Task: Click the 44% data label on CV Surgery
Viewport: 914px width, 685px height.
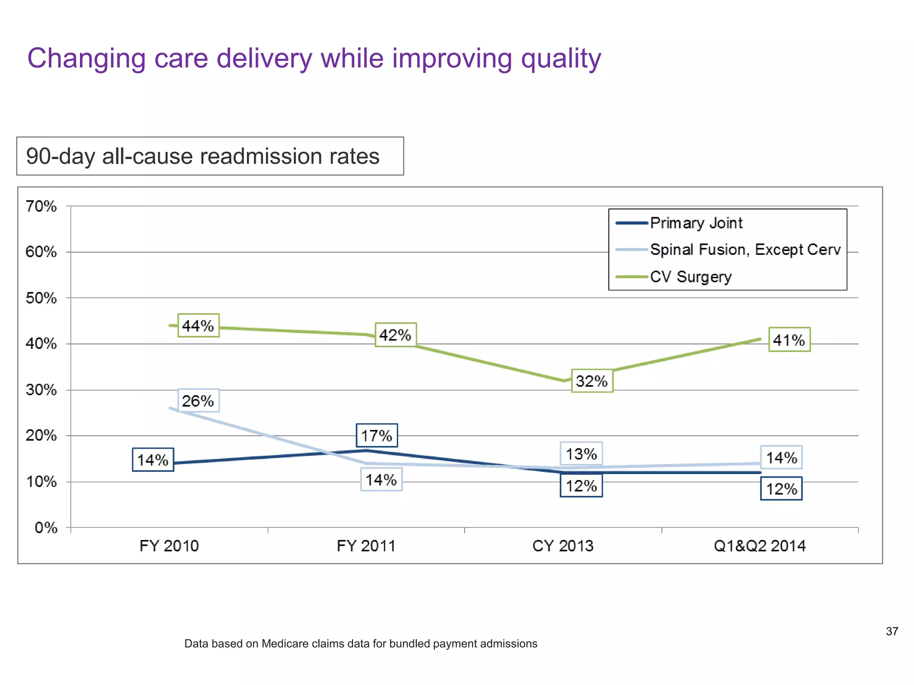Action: [198, 326]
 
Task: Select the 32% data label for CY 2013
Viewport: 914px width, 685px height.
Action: [592, 381]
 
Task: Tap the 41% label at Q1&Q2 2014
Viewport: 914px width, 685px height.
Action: [789, 340]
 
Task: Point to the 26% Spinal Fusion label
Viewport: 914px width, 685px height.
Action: [198, 400]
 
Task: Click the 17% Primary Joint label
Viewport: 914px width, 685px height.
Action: [376, 435]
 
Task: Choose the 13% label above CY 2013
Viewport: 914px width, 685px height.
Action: [581, 454]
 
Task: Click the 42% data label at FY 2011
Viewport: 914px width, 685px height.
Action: [395, 334]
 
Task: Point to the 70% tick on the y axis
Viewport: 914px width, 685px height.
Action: [41, 206]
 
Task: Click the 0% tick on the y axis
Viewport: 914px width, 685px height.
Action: [46, 528]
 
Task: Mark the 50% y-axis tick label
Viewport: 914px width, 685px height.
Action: [41, 298]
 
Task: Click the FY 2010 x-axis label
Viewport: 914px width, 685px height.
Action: [169, 546]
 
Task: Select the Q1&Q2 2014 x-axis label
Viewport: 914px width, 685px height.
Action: [760, 546]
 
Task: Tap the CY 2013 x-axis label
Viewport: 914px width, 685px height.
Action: [563, 546]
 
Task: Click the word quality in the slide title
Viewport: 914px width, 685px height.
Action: [561, 59]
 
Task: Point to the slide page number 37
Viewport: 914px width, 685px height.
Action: [892, 631]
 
